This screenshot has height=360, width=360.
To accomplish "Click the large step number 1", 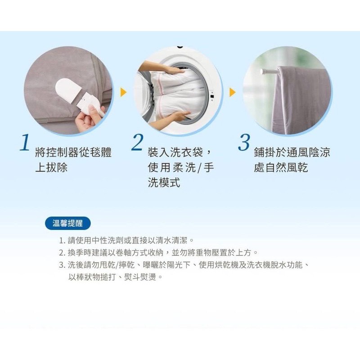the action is (25, 142).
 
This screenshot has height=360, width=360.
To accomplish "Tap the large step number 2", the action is (137, 142).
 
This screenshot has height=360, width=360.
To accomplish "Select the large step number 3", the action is (244, 142).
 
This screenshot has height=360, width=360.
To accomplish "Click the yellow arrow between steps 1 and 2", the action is (123, 92).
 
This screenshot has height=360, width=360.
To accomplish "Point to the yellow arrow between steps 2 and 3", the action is (232, 92).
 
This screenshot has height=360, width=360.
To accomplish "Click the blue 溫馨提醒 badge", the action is (68, 223).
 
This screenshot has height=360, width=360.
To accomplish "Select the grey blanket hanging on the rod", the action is (301, 101).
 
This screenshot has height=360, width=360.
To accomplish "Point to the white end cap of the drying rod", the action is (262, 72).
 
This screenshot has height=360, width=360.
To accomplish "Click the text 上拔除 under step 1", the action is (51, 167).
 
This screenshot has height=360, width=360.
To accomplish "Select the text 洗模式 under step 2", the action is (164, 183).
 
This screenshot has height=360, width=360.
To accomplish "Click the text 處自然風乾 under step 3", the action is (281, 167).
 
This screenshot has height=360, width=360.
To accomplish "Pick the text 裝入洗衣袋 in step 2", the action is (175, 152).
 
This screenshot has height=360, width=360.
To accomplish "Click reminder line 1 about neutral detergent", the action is (127, 240).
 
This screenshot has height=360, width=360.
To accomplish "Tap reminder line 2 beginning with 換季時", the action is (158, 252).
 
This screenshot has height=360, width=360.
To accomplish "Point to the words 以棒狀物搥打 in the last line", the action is (92, 277).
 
